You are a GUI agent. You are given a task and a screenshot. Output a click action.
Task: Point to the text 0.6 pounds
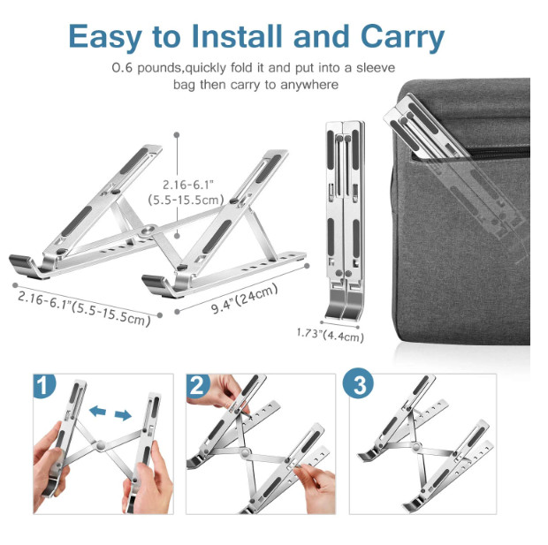tap(147, 69)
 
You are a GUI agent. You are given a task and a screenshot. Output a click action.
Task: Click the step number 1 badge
tap(44, 385)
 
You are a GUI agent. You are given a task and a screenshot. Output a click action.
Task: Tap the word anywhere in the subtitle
tap(310, 85)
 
